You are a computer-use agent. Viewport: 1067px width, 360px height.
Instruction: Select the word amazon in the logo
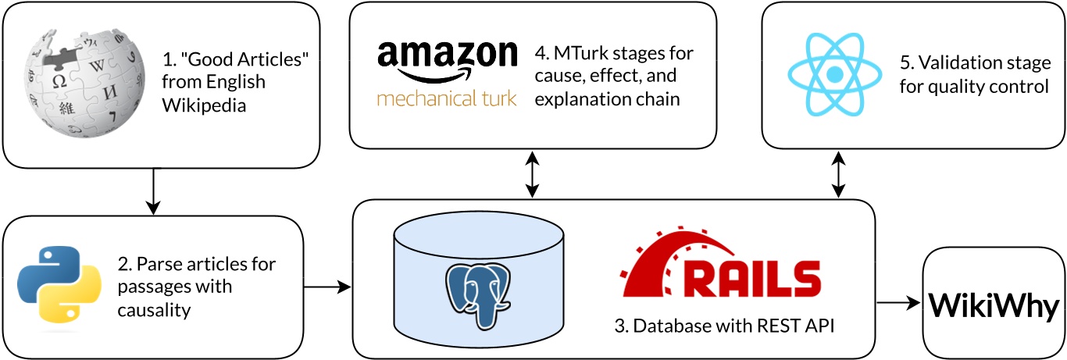coord(447,57)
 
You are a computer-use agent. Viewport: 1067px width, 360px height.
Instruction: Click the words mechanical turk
coord(447,99)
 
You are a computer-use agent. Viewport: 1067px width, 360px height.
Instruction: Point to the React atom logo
coord(833,74)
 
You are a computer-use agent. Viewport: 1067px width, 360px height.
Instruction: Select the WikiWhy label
coord(994,302)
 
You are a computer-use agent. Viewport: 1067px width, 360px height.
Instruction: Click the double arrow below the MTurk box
coord(533,173)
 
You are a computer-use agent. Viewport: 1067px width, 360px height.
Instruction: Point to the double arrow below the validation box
coord(839,173)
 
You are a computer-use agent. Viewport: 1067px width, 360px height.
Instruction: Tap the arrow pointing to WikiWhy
coord(898,302)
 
